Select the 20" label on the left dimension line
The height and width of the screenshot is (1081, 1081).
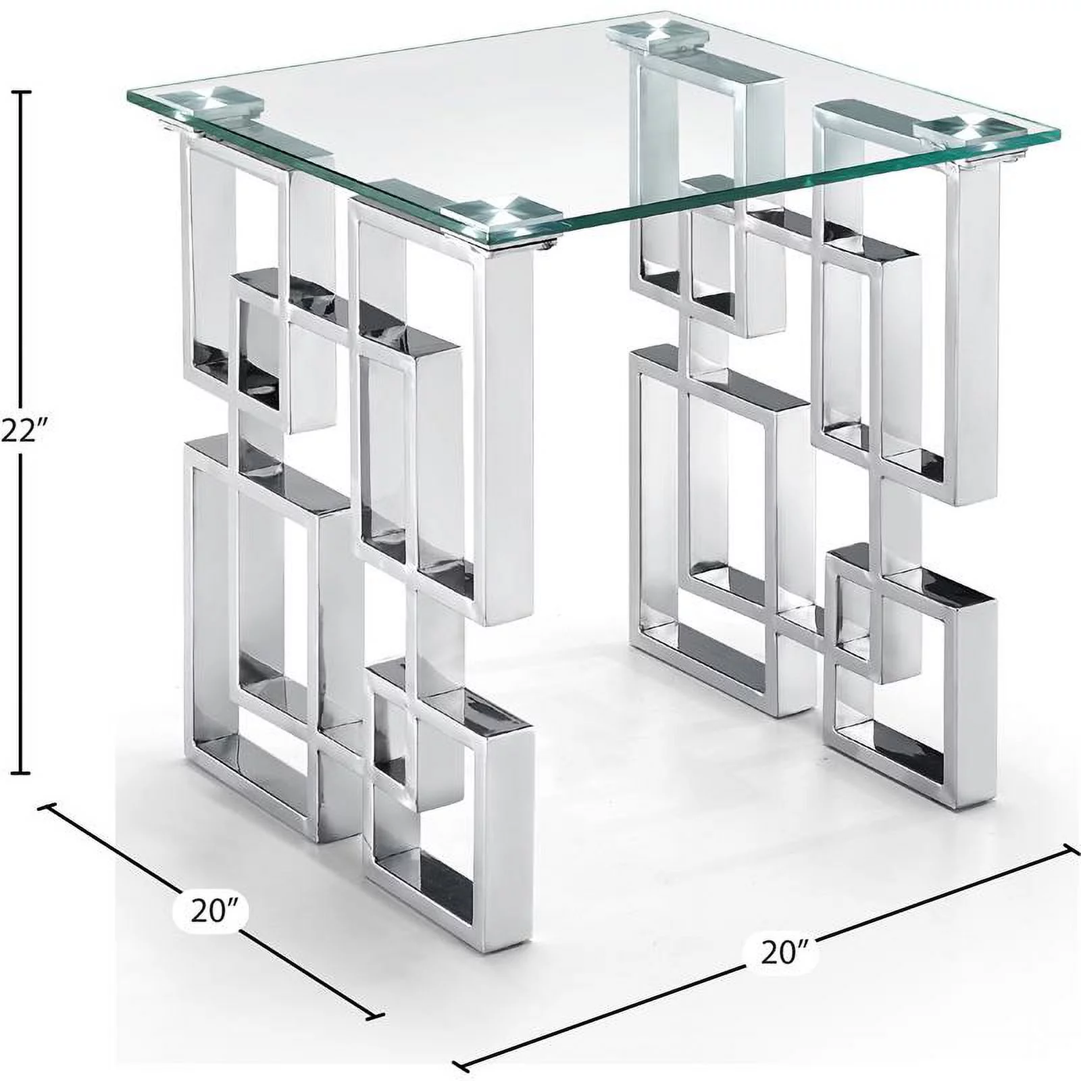(x=211, y=911)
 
